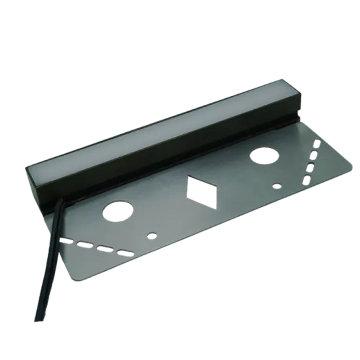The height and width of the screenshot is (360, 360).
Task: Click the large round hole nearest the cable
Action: click(x=117, y=211)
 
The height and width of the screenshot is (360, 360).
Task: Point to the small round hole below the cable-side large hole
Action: click(x=152, y=234)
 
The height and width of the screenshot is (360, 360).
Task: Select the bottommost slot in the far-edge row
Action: click(x=304, y=178)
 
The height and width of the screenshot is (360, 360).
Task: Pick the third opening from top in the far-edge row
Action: click(x=309, y=168)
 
